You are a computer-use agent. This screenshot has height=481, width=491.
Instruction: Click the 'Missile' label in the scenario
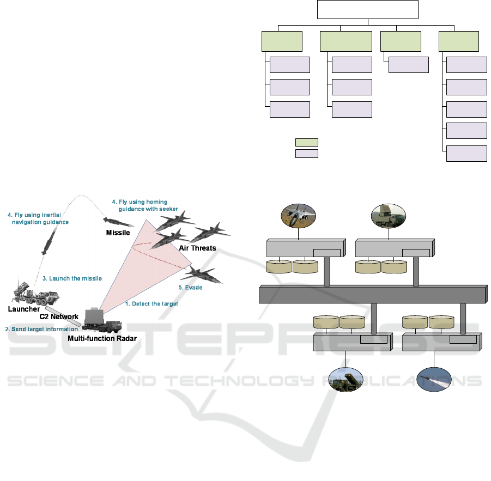(118, 233)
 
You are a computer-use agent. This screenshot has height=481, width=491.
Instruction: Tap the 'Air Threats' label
(197, 248)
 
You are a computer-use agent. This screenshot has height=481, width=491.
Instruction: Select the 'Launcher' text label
(23, 309)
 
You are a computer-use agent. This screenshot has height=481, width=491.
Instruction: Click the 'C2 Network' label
(59, 316)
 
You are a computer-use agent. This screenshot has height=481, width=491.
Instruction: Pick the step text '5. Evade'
(191, 287)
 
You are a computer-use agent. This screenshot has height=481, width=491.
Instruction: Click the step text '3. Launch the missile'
(72, 278)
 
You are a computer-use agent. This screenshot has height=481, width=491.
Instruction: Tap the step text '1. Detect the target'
(151, 303)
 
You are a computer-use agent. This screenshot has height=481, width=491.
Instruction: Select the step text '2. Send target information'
(41, 329)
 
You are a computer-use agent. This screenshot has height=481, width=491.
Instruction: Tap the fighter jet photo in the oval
(299, 216)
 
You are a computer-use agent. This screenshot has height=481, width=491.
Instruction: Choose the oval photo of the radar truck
(388, 215)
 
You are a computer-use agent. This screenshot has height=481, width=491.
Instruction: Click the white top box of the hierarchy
(369, 10)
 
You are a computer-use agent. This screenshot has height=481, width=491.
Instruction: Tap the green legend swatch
(306, 142)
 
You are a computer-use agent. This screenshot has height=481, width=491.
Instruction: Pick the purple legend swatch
(306, 153)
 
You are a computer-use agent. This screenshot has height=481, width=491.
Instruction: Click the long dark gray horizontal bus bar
(373, 294)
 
